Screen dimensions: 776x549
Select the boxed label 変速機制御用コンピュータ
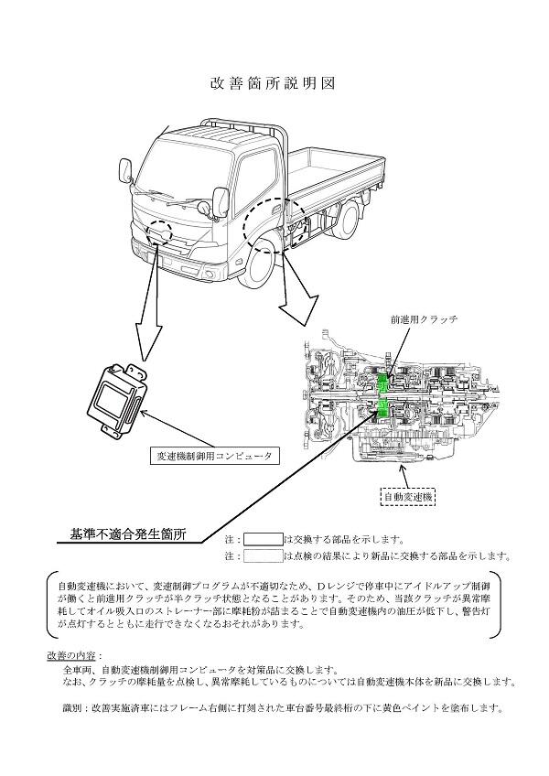(213, 455)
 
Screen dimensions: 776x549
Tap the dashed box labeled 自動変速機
(408, 497)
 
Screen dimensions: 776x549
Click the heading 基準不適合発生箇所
(128, 533)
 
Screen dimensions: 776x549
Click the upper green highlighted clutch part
(387, 378)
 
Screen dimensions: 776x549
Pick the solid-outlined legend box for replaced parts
(263, 539)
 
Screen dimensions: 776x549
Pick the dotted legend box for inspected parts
(263, 555)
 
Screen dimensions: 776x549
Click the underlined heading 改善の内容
(74, 656)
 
